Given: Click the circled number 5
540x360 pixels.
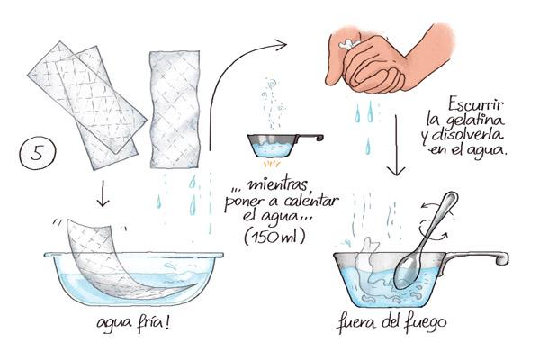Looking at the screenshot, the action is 37,152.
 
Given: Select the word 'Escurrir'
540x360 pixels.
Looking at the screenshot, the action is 476,104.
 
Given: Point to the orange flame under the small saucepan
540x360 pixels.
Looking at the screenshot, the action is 273,163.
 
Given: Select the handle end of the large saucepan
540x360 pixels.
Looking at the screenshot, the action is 500,258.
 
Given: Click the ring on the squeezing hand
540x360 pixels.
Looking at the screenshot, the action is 348,44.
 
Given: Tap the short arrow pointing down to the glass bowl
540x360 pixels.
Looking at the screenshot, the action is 103,193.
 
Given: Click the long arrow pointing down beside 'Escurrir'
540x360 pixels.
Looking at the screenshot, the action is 396,146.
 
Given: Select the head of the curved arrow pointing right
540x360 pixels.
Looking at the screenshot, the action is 280,44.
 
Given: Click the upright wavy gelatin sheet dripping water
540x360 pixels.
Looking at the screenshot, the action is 175,110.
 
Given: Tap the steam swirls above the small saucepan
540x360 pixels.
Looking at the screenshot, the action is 273,103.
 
